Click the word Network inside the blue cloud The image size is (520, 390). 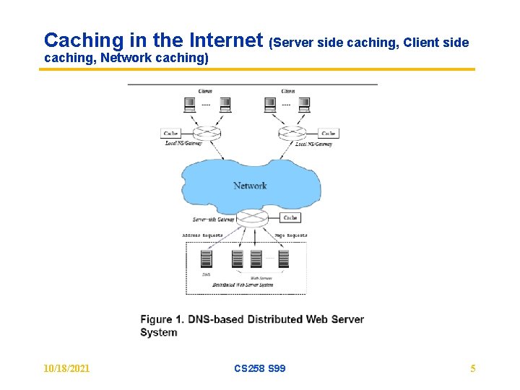[250, 186]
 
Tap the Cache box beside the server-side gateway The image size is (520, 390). [290, 217]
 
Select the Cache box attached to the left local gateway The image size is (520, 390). [171, 134]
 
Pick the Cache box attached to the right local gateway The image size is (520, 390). [329, 134]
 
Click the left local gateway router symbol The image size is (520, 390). [207, 134]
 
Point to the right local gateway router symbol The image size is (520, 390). [292, 134]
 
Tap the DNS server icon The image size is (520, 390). [206, 259]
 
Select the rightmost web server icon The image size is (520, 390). [283, 259]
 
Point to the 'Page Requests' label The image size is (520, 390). [291, 235]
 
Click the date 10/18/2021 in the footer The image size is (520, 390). [67, 368]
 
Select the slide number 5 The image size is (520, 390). [473, 368]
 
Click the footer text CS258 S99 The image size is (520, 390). [260, 368]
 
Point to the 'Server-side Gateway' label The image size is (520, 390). [214, 220]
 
